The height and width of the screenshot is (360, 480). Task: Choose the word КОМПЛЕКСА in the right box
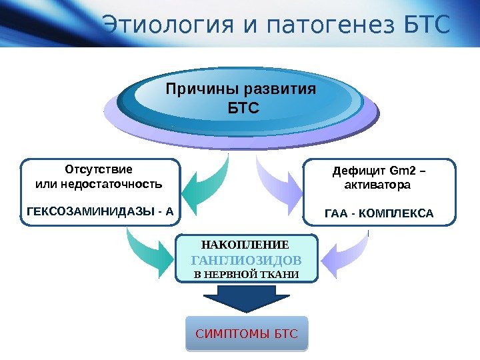397,215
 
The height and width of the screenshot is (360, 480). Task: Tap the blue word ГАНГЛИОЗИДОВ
247,260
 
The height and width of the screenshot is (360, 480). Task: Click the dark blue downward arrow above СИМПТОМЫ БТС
246,301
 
